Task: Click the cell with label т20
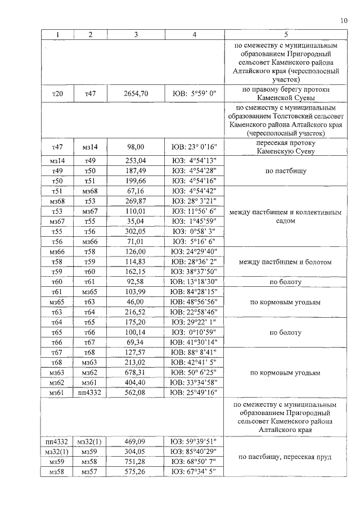click(x=57, y=94)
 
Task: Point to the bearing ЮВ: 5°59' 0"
click(x=194, y=94)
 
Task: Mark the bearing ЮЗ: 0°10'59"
click(x=194, y=332)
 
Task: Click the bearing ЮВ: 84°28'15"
click(x=194, y=292)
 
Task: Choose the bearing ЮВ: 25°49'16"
click(x=194, y=393)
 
